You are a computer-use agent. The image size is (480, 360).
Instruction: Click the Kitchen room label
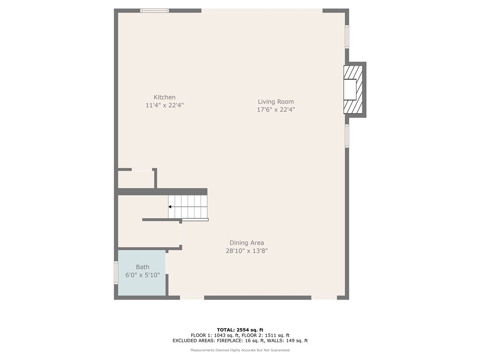[x=165, y=97]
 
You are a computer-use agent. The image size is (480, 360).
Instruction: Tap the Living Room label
[x=276, y=102]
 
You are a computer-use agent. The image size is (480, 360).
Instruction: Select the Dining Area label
[x=247, y=243]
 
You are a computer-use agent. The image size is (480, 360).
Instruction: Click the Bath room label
[x=142, y=267]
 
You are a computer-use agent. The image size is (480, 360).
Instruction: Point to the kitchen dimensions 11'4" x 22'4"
[x=165, y=105]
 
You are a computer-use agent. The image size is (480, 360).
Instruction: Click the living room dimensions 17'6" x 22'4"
[x=276, y=110]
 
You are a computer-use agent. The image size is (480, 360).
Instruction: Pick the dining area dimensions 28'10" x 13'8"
[x=247, y=251]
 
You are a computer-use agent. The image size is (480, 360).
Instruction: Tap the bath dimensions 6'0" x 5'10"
[x=142, y=275]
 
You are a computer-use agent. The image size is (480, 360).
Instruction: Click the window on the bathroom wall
[x=116, y=272]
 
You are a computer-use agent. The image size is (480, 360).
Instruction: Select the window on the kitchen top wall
[x=155, y=10]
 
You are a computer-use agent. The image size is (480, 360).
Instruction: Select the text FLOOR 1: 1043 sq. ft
[x=215, y=335]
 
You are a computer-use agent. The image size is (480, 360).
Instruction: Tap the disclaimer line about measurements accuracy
[x=240, y=350]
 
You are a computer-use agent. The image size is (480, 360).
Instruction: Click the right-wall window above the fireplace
[x=347, y=37]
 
